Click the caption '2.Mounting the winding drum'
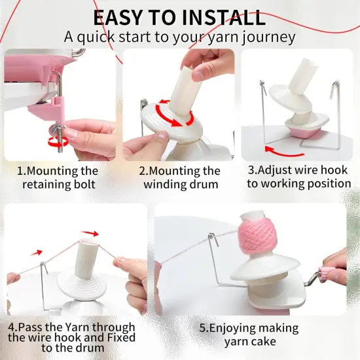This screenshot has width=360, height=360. click(x=179, y=177)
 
